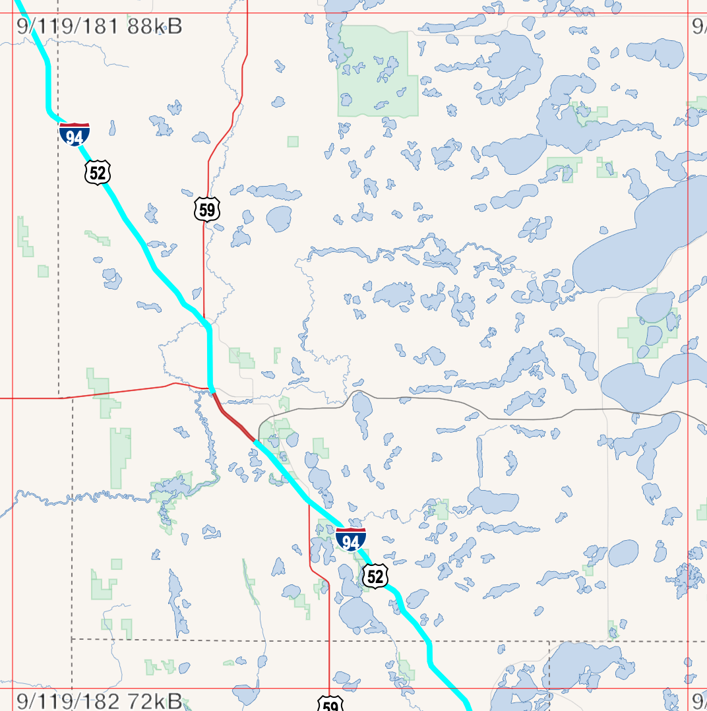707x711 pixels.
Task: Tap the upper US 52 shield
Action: click(x=98, y=173)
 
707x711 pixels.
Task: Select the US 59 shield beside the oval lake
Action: click(x=207, y=210)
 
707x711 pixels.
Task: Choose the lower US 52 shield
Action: click(x=375, y=576)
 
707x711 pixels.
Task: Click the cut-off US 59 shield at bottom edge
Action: click(x=330, y=705)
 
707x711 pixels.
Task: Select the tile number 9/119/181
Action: click(x=68, y=27)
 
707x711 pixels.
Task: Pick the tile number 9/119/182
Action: click(x=68, y=700)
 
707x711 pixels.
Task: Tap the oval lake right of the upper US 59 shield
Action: click(x=279, y=219)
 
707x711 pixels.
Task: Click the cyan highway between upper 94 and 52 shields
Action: click(x=86, y=153)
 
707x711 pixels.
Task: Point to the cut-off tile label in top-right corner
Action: click(x=699, y=27)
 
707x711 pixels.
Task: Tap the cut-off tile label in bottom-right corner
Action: click(x=699, y=700)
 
